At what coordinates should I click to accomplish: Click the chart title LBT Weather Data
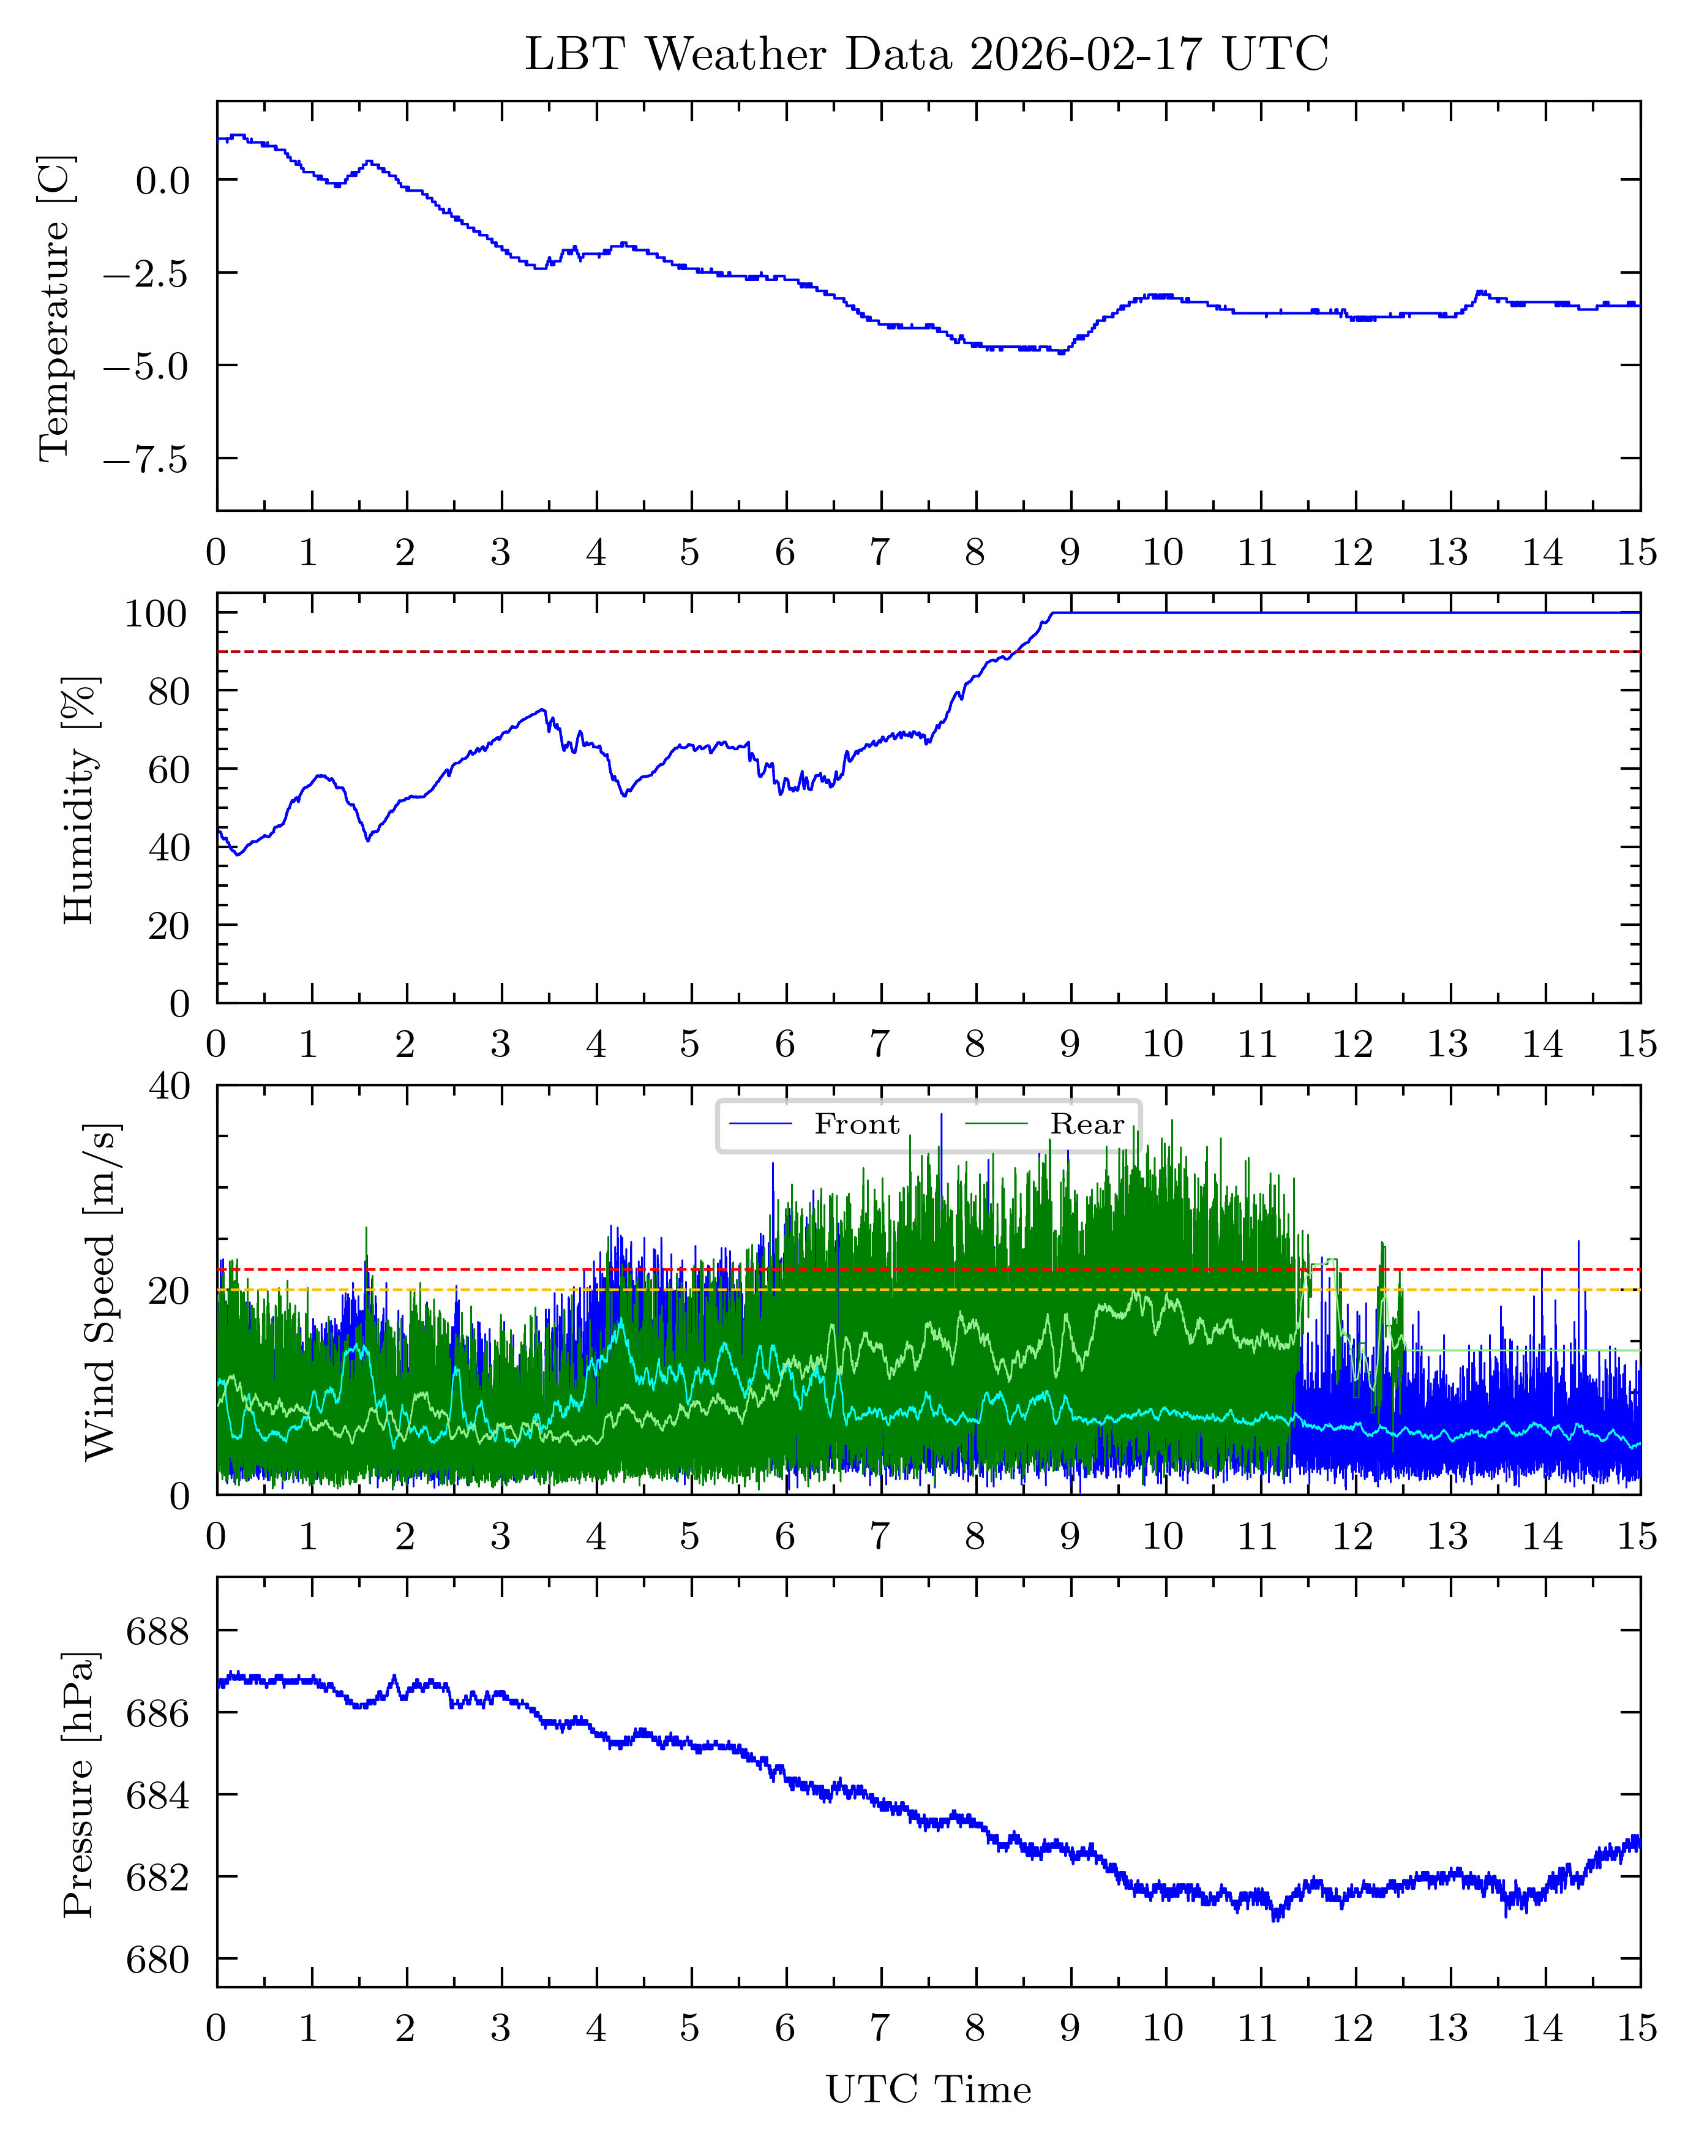pyautogui.click(x=926, y=54)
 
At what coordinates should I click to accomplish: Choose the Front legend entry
pyautogui.click(x=855, y=1124)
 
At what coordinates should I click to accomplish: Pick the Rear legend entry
pyautogui.click(x=1086, y=1124)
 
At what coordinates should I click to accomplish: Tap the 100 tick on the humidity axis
pyautogui.click(x=156, y=614)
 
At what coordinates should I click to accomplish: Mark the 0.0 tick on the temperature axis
pyautogui.click(x=162, y=181)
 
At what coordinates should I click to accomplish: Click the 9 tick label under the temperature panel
pyautogui.click(x=1070, y=552)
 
